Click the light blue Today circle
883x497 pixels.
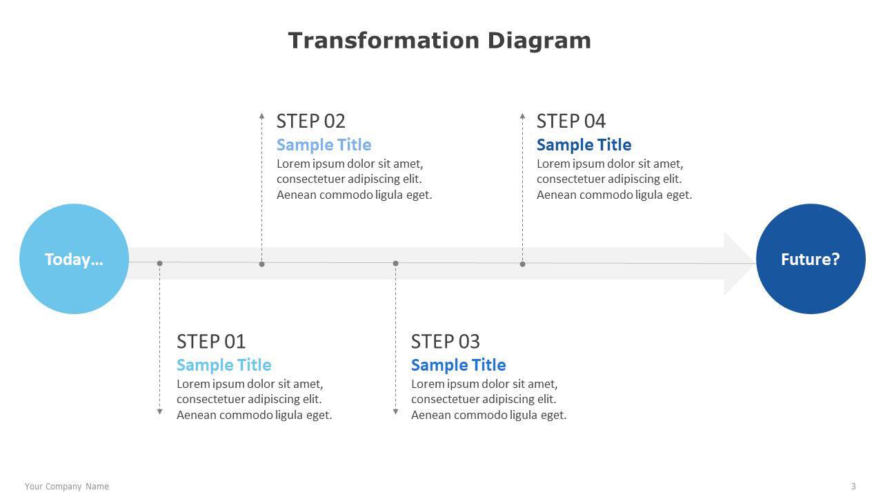[x=74, y=259]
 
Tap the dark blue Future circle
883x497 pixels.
[x=811, y=259]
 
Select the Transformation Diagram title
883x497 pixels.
[x=439, y=41]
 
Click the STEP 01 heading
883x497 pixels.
[x=211, y=341]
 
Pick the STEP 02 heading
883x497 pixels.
[x=310, y=121]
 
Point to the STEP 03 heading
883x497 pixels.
[x=446, y=341]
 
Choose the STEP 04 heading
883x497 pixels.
[x=571, y=121]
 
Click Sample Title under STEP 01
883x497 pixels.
[x=224, y=365]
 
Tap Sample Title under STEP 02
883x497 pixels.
[x=324, y=145]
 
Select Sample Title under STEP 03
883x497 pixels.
[x=459, y=365]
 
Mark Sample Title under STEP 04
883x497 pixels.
[x=584, y=145]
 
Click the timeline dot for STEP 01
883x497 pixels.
[x=159, y=263]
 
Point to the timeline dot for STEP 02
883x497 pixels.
[x=261, y=264]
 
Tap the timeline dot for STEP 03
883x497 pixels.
[x=396, y=263]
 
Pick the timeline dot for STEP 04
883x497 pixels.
[x=522, y=264]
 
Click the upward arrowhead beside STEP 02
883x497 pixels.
[x=261, y=116]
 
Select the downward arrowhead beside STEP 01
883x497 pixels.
[x=159, y=411]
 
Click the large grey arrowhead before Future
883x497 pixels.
[x=737, y=264]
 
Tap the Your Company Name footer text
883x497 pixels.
[x=67, y=487]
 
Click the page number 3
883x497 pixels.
[x=853, y=487]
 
